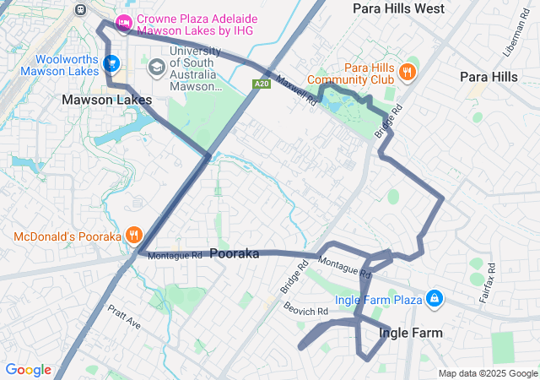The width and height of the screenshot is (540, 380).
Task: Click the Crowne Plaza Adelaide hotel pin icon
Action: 124,23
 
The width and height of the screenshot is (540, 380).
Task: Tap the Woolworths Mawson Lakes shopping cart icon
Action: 111,63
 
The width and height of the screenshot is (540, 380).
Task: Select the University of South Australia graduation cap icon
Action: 156,66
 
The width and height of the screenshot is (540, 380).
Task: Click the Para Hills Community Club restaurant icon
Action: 408,72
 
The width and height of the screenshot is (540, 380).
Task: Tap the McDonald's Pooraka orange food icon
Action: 133,236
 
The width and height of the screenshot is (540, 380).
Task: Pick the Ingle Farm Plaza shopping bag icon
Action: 435,299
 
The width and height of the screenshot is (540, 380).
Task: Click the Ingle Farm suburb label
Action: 410,333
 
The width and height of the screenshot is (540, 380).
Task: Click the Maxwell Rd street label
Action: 296,91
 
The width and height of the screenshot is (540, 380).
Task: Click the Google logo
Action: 28,370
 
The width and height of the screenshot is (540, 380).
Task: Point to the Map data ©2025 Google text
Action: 487,373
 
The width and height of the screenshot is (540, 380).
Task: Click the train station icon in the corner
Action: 81,10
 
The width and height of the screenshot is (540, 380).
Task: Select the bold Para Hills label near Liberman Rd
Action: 489,77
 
